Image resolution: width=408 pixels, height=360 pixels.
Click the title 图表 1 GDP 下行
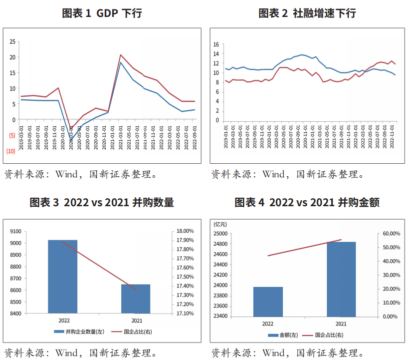(102, 13)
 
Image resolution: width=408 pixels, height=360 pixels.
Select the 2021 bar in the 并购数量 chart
(136, 299)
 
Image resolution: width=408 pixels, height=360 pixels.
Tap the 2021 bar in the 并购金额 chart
(341, 279)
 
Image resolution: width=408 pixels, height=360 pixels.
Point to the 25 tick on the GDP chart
(12, 42)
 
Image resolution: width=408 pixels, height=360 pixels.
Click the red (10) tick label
(11, 151)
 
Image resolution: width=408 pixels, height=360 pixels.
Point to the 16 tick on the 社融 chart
(216, 44)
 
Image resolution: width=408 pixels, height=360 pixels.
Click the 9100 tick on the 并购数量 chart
(29, 231)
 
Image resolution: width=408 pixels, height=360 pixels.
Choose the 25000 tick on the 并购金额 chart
(220, 234)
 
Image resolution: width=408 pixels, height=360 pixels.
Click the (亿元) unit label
(220, 224)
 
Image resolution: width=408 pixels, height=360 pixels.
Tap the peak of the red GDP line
(121, 55)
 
